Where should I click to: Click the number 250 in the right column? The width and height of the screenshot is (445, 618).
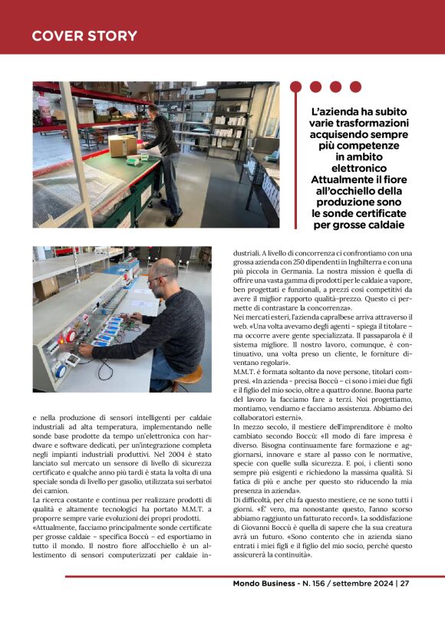300,261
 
